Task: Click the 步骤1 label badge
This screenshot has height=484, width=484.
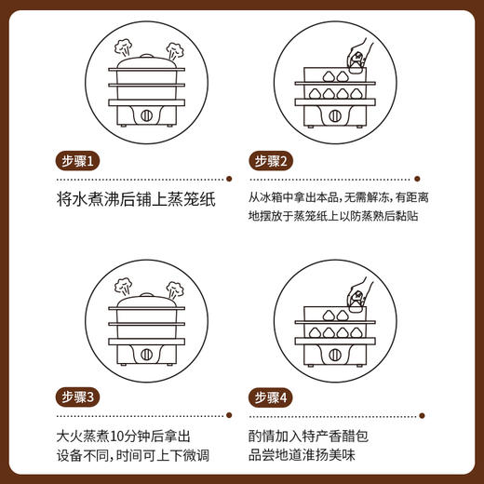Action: (80, 160)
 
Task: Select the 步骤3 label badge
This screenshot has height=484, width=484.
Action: (80, 397)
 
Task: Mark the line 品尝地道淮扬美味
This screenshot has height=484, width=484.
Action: (316, 452)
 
